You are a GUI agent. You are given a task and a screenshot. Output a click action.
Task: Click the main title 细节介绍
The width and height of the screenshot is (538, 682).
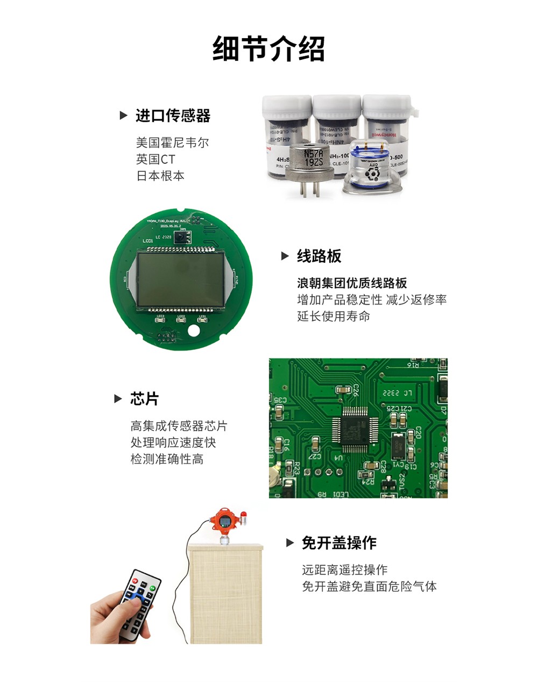pyautogui.click(x=268, y=49)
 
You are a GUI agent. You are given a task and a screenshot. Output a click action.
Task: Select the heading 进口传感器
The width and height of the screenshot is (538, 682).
pyautogui.click(x=173, y=116)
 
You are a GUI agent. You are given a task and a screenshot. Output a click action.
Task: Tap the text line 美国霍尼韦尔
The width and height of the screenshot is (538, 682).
pyautogui.click(x=172, y=143)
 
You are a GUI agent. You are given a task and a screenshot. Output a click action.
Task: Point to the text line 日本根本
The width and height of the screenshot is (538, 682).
pyautogui.click(x=160, y=176)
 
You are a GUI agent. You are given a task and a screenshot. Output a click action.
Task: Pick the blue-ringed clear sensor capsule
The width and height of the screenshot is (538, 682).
pyautogui.click(x=371, y=168)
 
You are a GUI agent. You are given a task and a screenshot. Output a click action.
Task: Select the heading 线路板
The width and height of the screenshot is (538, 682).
pyautogui.click(x=319, y=256)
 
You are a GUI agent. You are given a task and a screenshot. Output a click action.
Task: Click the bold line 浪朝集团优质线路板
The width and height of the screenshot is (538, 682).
pyautogui.click(x=352, y=283)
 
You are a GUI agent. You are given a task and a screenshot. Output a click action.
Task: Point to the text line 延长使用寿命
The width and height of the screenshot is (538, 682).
pyautogui.click(x=334, y=316)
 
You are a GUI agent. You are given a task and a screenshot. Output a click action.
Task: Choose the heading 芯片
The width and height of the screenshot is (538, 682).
pyautogui.click(x=144, y=399)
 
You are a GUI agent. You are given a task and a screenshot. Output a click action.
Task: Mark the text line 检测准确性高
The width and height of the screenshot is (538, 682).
pyautogui.click(x=167, y=459)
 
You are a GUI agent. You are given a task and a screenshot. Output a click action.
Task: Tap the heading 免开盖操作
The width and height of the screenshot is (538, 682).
pyautogui.click(x=339, y=543)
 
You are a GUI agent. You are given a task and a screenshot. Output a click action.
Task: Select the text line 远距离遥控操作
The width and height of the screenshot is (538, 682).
pyautogui.click(x=344, y=570)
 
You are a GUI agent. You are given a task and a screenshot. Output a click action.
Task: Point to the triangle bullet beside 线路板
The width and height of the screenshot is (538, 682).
pyautogui.click(x=286, y=256)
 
